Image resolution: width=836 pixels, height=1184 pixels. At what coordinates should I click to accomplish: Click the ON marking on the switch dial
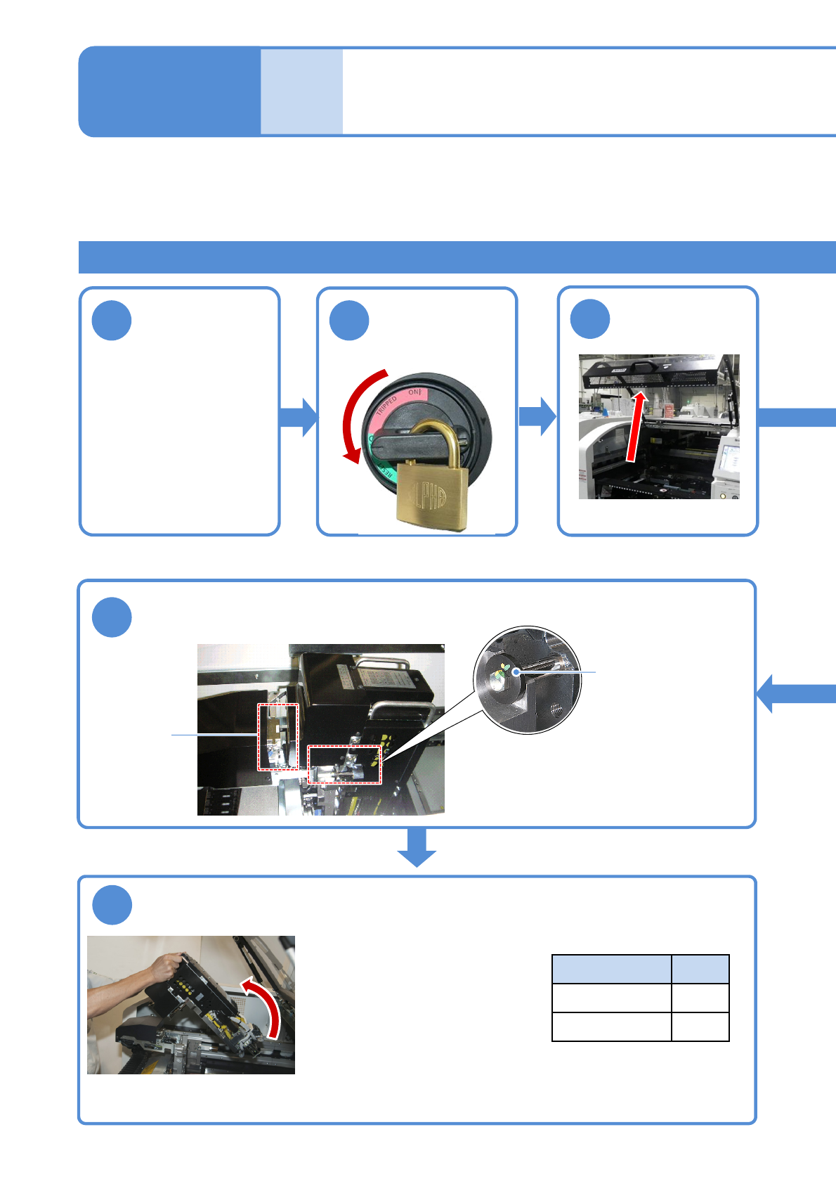point(414,392)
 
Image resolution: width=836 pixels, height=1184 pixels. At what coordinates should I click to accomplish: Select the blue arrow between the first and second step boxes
point(299,417)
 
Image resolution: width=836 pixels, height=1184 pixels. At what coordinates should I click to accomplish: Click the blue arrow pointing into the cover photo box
point(537,416)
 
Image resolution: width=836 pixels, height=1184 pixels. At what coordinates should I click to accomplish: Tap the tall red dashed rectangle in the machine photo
point(278,736)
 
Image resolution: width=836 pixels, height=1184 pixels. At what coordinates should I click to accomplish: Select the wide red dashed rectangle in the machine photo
point(344,764)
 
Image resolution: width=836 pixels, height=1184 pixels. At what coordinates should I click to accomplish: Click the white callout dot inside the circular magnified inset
point(516,672)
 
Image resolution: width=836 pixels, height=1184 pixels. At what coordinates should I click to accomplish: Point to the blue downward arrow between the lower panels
point(417,848)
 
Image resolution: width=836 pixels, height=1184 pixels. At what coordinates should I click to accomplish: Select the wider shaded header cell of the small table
point(611,969)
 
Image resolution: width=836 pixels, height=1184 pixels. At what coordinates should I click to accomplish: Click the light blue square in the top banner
point(302,91)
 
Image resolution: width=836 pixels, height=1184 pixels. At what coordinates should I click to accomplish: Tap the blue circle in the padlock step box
point(349,321)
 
